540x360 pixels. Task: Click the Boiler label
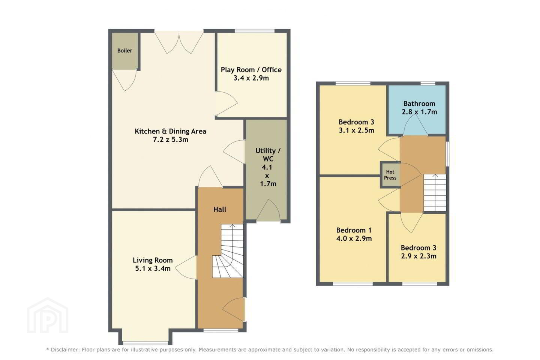coord(124,51)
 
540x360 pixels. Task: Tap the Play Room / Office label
coord(251,70)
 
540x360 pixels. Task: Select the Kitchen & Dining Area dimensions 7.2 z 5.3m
coord(170,139)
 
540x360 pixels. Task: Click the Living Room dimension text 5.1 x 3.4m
coord(153,268)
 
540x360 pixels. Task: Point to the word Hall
coord(220,209)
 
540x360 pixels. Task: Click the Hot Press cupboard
coord(390,175)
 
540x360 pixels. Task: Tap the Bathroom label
coord(420,103)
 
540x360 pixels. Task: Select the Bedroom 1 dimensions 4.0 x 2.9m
coord(354,238)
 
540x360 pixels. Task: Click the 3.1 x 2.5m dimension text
coord(357,130)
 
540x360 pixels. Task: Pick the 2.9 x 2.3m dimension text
coord(419,256)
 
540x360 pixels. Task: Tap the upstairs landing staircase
coord(435,193)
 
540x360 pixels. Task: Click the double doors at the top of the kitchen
coord(179,42)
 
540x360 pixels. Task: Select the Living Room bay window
coord(145,343)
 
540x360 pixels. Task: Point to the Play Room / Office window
coord(255,31)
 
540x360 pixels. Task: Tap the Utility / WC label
coord(268,155)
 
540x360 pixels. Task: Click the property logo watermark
coord(48,315)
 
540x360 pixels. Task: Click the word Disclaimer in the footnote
coord(65,349)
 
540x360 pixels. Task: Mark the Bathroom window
coord(428,83)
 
